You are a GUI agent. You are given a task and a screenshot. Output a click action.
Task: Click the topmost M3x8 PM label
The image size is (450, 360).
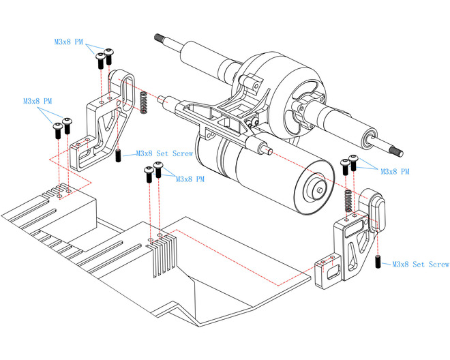coord(69,42)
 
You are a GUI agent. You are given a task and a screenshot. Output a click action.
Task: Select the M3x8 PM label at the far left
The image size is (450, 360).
coord(37,101)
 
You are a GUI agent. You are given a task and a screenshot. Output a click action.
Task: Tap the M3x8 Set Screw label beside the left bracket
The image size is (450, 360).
coord(164,154)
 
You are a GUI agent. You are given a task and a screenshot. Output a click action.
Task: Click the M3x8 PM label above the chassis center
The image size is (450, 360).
coord(190,179)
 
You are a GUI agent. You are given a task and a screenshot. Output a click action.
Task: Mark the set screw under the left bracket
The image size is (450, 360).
coord(118,155)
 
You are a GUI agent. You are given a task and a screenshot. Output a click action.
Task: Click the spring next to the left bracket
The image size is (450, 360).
coord(144,103)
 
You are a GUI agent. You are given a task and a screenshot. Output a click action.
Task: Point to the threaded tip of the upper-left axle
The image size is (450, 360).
coord(163,39)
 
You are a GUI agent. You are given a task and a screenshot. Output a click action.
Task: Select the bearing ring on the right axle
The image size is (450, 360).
coord(369,139)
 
